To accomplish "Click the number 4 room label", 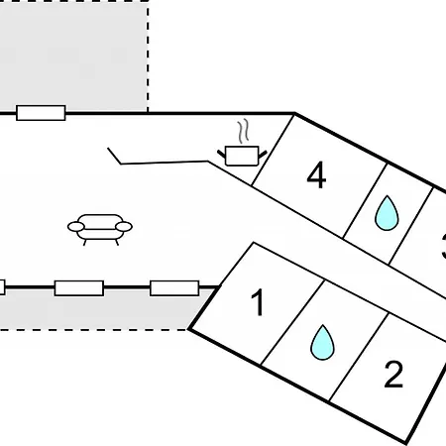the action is pyautogui.click(x=316, y=175).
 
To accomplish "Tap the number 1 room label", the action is pyautogui.click(x=258, y=302).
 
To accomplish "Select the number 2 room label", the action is pyautogui.click(x=393, y=374).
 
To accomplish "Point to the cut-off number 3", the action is pyautogui.click(x=444, y=246).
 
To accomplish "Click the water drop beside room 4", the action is pyautogui.click(x=387, y=213).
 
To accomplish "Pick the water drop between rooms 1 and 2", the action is pyautogui.click(x=322, y=343).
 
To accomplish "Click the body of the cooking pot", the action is pyautogui.click(x=242, y=156).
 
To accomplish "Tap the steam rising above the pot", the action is pyautogui.click(x=243, y=131).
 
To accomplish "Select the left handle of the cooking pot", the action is pyautogui.click(x=221, y=154).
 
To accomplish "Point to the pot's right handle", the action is pyautogui.click(x=263, y=155).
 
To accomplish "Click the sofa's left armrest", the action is pyautogui.click(x=76, y=227).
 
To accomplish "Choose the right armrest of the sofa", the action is pyautogui.click(x=124, y=227).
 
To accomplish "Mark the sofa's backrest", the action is pyautogui.click(x=100, y=220).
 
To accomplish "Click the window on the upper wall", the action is pyautogui.click(x=41, y=113).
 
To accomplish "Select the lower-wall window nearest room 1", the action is pyautogui.click(x=174, y=288).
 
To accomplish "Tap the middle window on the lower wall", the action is pyautogui.click(x=79, y=288).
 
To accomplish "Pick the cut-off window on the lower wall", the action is pyautogui.click(x=2, y=287).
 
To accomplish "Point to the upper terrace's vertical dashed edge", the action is pyautogui.click(x=148, y=56).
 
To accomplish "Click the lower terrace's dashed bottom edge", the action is pyautogui.click(x=94, y=329).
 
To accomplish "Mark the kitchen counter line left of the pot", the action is pyautogui.click(x=165, y=163).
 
